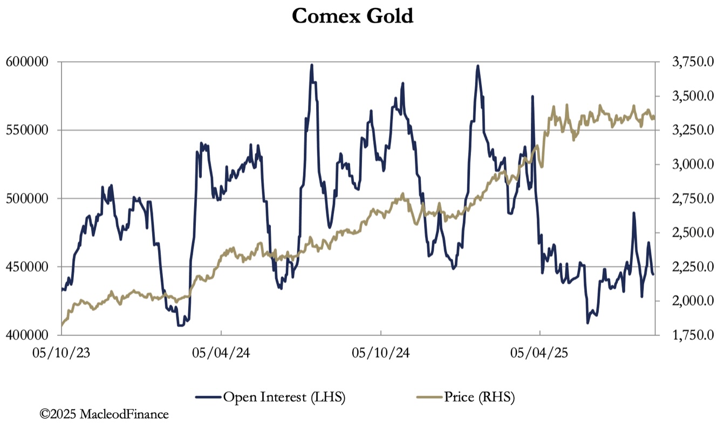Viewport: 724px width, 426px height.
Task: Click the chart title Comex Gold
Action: (352, 16)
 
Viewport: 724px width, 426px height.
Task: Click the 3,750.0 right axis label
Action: (691, 62)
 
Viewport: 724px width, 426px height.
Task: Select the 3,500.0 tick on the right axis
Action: (691, 96)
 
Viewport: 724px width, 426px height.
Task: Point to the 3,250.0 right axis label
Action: (691, 130)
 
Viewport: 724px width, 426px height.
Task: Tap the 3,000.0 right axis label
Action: (691, 164)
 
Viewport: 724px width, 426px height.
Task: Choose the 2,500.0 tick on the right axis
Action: (691, 232)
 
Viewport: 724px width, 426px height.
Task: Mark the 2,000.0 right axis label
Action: (691, 301)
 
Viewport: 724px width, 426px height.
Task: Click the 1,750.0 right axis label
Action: (691, 335)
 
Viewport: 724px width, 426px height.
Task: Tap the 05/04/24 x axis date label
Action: (221, 354)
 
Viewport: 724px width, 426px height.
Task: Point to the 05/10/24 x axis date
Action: (381, 354)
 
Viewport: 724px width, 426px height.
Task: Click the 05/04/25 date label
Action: (540, 354)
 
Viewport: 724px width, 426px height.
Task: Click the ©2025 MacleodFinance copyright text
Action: (104, 414)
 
